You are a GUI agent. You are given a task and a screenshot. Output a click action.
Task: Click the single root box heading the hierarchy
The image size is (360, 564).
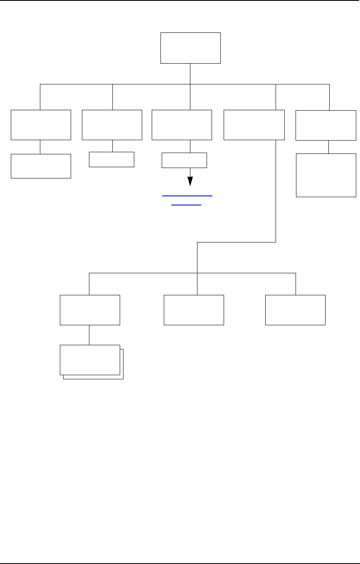coord(190,48)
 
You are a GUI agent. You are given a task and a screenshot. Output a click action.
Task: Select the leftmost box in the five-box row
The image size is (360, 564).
coord(41,125)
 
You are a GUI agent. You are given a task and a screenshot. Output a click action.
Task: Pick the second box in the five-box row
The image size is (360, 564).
coord(112,125)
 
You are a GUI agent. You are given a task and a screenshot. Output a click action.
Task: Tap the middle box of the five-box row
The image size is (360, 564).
coord(182,125)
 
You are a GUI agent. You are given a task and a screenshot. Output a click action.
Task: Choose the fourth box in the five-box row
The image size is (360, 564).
coord(254,125)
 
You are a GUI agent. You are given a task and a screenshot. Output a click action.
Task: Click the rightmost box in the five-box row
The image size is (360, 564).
coord(325,125)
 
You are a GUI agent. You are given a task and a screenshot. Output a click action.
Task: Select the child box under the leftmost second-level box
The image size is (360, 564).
coord(41,166)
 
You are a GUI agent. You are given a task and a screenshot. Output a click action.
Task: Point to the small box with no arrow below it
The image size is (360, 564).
coord(112,159)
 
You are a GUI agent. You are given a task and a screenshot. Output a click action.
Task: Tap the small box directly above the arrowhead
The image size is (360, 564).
coord(184,160)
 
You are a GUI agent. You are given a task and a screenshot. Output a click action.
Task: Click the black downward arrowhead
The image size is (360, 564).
coord(190,181)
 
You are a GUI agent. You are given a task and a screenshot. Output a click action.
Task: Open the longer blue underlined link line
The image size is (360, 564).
coord(187,195)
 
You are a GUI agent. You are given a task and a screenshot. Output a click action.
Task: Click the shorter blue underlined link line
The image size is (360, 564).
coord(186,205)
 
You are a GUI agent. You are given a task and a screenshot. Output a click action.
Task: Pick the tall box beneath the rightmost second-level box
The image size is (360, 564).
coord(326,175)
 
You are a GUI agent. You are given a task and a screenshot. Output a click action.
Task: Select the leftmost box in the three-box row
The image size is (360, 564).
coord(90,310)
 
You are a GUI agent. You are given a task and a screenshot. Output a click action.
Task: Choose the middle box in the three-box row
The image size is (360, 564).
coord(194,310)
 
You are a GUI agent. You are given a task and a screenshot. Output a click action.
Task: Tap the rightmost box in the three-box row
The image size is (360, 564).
coord(295,310)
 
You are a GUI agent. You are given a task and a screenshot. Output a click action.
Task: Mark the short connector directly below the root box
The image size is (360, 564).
coord(190,74)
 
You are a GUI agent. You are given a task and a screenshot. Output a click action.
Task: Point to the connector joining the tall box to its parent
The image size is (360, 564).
coord(329,147)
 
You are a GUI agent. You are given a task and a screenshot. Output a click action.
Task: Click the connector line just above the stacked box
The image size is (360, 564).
coord(89,335)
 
